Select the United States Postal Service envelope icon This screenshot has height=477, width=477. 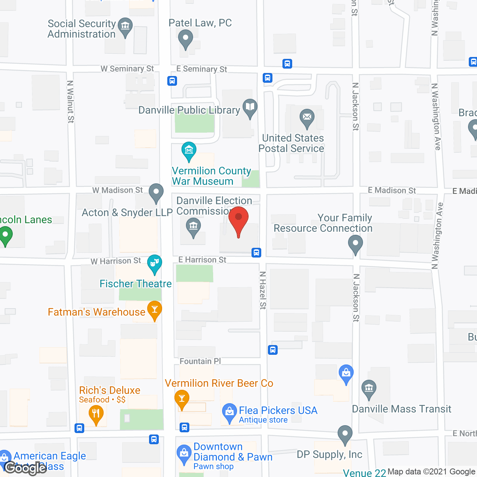[307, 117]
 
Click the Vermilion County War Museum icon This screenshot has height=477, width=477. [189, 151]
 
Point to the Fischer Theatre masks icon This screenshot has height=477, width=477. [154, 263]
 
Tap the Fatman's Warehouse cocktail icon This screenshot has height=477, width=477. [154, 309]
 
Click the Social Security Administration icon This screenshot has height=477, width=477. [125, 26]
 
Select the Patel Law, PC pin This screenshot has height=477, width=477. [185, 38]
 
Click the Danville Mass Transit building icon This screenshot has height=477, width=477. [369, 388]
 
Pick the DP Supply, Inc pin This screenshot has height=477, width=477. [345, 434]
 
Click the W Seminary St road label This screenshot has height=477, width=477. [127, 69]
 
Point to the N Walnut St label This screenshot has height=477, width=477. [70, 101]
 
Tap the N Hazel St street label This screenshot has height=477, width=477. [263, 290]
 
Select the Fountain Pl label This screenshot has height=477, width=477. [200, 361]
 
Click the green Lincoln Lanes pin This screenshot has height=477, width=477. [5, 236]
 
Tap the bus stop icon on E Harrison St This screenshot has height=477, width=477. [256, 253]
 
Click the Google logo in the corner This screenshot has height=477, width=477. [25, 468]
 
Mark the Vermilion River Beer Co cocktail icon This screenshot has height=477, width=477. [182, 399]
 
